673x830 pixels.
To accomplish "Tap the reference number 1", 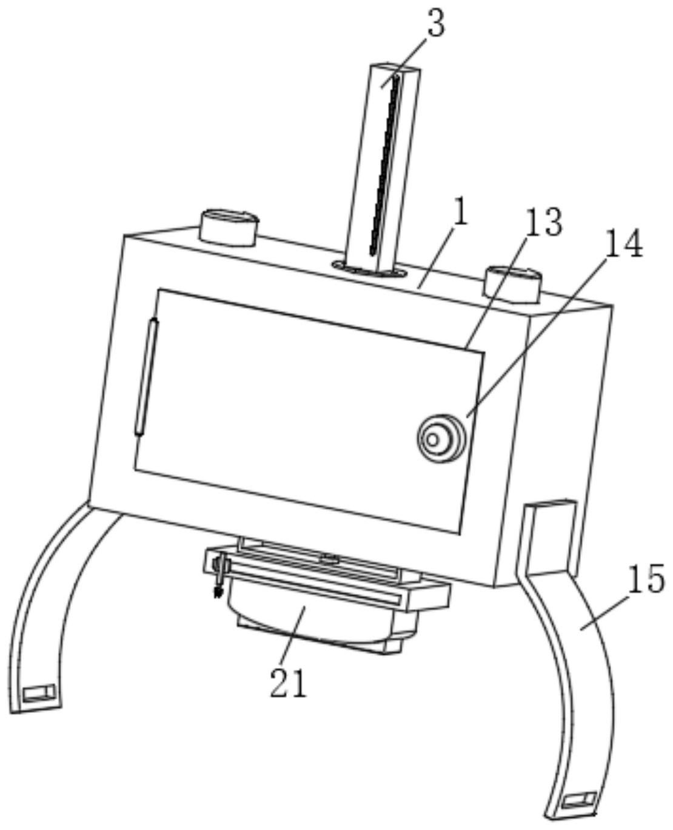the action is [461, 215].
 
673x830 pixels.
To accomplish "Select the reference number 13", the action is [544, 223].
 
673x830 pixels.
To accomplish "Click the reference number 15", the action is [646, 580].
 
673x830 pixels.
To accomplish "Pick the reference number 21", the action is [289, 684].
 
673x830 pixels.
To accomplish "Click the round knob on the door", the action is [441, 437].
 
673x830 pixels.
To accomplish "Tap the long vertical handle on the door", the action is [147, 376].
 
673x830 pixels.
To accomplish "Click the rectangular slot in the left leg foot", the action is [39, 692].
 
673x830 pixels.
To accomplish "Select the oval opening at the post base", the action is [370, 269].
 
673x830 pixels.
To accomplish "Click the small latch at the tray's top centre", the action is [329, 558].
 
